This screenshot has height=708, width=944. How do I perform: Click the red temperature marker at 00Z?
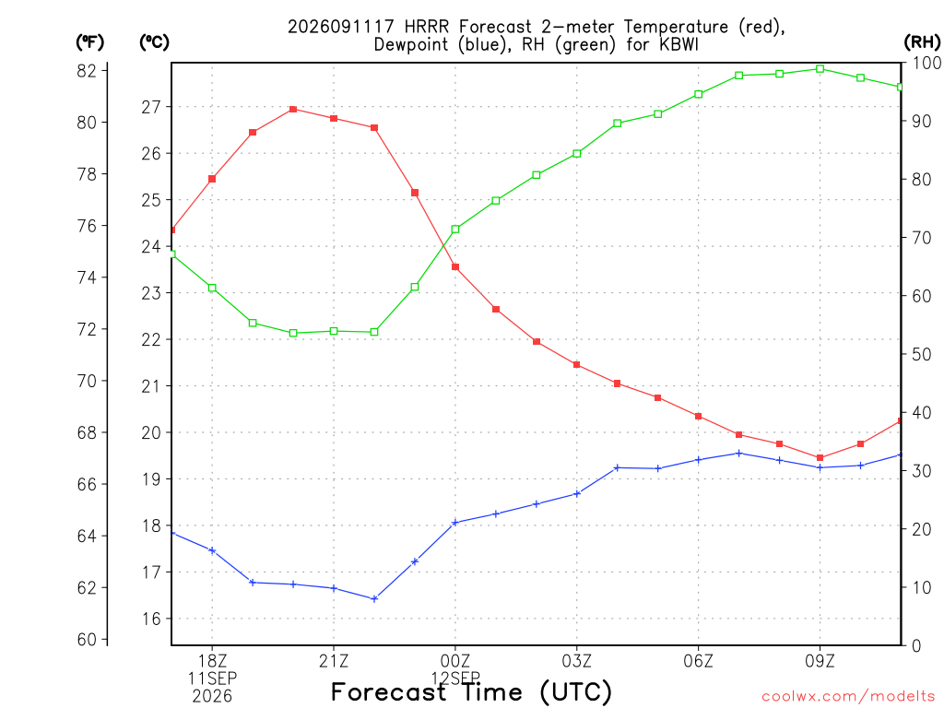pos(455,266)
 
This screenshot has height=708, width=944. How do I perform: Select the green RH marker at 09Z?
pos(820,68)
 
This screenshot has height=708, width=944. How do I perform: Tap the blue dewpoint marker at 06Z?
pos(699,459)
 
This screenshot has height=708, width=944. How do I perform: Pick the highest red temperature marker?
pos(293,109)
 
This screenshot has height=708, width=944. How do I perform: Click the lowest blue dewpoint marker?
pos(374,598)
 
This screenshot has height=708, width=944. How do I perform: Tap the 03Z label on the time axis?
pos(577,661)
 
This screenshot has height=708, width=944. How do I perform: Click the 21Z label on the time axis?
pos(334,661)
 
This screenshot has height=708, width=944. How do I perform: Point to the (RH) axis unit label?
pos(922,42)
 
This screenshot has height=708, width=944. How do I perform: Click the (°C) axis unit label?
pos(154,42)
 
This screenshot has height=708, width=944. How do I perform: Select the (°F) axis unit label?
pos(89,42)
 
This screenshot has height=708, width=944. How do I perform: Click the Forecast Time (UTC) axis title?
pos(471,691)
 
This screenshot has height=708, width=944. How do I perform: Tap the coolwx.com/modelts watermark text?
pos(848,696)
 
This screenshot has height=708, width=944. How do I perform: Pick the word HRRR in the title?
pos(427,27)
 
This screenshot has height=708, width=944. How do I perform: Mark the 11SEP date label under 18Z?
pos(212,678)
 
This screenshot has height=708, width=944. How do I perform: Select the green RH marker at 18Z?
pos(212,288)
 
